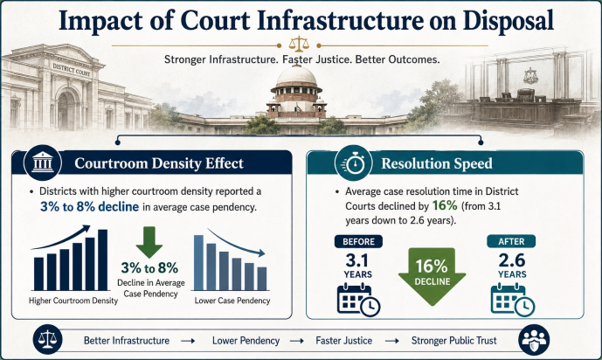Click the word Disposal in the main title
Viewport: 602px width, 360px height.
[x=508, y=20]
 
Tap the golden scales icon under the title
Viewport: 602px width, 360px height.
[x=299, y=44]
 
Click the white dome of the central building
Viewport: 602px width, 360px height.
[x=296, y=76]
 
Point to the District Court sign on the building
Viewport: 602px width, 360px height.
[x=71, y=69]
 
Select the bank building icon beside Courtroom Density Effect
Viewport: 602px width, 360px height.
[x=43, y=163]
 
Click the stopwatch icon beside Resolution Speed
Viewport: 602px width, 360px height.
[x=354, y=163]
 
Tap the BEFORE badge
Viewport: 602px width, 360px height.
[x=358, y=241]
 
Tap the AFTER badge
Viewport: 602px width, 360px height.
[x=511, y=241]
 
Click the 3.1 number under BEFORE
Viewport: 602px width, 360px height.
[x=357, y=261]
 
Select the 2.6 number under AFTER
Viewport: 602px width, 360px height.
[x=512, y=261]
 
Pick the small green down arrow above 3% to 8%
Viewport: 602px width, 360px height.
[x=149, y=242]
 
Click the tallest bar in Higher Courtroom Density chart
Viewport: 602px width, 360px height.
[x=103, y=260]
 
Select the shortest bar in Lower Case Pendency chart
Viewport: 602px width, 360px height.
[x=262, y=279]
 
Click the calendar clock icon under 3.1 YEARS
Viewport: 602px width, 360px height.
[x=358, y=300]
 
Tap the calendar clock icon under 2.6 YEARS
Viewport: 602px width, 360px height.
[x=513, y=300]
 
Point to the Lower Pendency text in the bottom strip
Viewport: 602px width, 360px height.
[x=246, y=340]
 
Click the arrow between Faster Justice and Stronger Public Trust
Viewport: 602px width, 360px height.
[x=392, y=341]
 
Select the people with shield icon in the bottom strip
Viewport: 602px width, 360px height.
[x=534, y=340]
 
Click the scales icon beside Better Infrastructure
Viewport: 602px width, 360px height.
[x=48, y=339]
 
